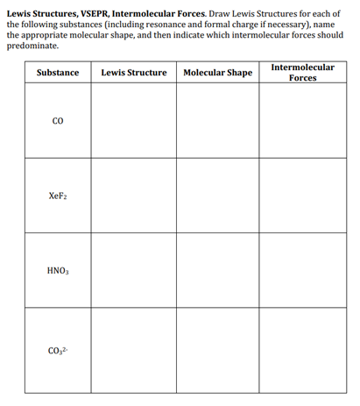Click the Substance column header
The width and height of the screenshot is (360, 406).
(x=58, y=72)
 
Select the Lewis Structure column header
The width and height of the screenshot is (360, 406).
(x=134, y=72)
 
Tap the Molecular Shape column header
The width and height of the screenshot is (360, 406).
(x=217, y=72)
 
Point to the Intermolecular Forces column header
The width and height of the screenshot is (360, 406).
(x=302, y=72)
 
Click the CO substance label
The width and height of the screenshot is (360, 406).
(x=58, y=122)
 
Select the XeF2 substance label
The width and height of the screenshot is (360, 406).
(x=58, y=196)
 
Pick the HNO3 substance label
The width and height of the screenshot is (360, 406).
(x=58, y=271)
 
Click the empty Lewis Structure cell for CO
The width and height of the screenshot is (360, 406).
(x=134, y=122)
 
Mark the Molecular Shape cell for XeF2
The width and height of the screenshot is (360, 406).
(x=217, y=196)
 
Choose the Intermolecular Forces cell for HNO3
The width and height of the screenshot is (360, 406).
(x=302, y=271)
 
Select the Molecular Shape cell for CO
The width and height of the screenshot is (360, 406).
(x=217, y=122)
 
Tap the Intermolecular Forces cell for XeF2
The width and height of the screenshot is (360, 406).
(x=302, y=196)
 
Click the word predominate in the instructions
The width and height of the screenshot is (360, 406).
(x=32, y=45)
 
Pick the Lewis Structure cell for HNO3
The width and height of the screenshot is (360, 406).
(x=134, y=271)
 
